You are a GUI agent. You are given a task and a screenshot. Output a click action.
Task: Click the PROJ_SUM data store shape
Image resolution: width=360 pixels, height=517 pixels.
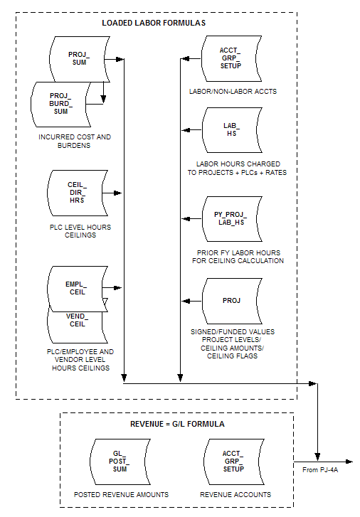(80, 59)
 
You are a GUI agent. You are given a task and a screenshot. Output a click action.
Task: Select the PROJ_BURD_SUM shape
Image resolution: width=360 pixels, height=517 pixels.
(60, 105)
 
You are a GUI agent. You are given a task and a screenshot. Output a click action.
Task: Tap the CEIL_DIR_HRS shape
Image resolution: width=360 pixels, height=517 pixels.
(78, 193)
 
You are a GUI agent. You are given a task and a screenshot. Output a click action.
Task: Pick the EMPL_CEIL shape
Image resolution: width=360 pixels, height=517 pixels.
(78, 289)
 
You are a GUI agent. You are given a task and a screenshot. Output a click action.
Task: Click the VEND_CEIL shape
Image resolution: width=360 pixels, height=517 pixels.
(78, 326)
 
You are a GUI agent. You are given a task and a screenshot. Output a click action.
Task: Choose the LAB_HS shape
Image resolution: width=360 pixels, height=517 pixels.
(232, 130)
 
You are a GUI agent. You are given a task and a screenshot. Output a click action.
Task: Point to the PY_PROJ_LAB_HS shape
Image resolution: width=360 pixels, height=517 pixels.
(232, 219)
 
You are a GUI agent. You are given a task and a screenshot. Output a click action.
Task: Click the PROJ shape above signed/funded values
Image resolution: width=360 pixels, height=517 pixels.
(232, 301)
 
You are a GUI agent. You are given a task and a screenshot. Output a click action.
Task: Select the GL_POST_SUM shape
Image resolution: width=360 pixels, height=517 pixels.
(120, 462)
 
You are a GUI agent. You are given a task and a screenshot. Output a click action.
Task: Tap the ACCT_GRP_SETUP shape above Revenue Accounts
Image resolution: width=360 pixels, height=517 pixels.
(233, 462)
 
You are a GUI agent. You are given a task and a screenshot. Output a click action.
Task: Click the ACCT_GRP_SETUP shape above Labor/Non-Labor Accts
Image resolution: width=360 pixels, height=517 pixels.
(231, 58)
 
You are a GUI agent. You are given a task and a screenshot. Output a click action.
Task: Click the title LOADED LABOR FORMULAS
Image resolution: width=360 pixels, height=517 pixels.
(154, 23)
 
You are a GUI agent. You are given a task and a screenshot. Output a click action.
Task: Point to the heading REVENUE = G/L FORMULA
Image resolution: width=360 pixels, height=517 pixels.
(178, 424)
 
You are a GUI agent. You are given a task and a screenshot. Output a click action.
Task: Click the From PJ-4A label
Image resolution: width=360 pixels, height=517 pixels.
(320, 470)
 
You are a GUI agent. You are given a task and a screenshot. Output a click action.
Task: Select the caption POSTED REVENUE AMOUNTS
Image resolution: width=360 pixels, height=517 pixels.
(121, 494)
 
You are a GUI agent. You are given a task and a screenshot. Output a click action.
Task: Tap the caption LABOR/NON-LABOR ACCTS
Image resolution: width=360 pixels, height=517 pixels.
(233, 91)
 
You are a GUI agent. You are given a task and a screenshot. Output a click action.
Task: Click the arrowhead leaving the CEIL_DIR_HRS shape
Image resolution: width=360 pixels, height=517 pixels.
(118, 193)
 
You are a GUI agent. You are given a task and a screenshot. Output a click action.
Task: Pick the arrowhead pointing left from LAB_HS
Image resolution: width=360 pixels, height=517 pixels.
(186, 130)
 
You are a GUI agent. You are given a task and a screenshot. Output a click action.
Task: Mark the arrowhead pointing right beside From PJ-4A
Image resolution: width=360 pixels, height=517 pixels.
(349, 462)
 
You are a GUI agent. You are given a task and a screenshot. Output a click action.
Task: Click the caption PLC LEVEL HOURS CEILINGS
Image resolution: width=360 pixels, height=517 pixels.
(80, 231)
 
